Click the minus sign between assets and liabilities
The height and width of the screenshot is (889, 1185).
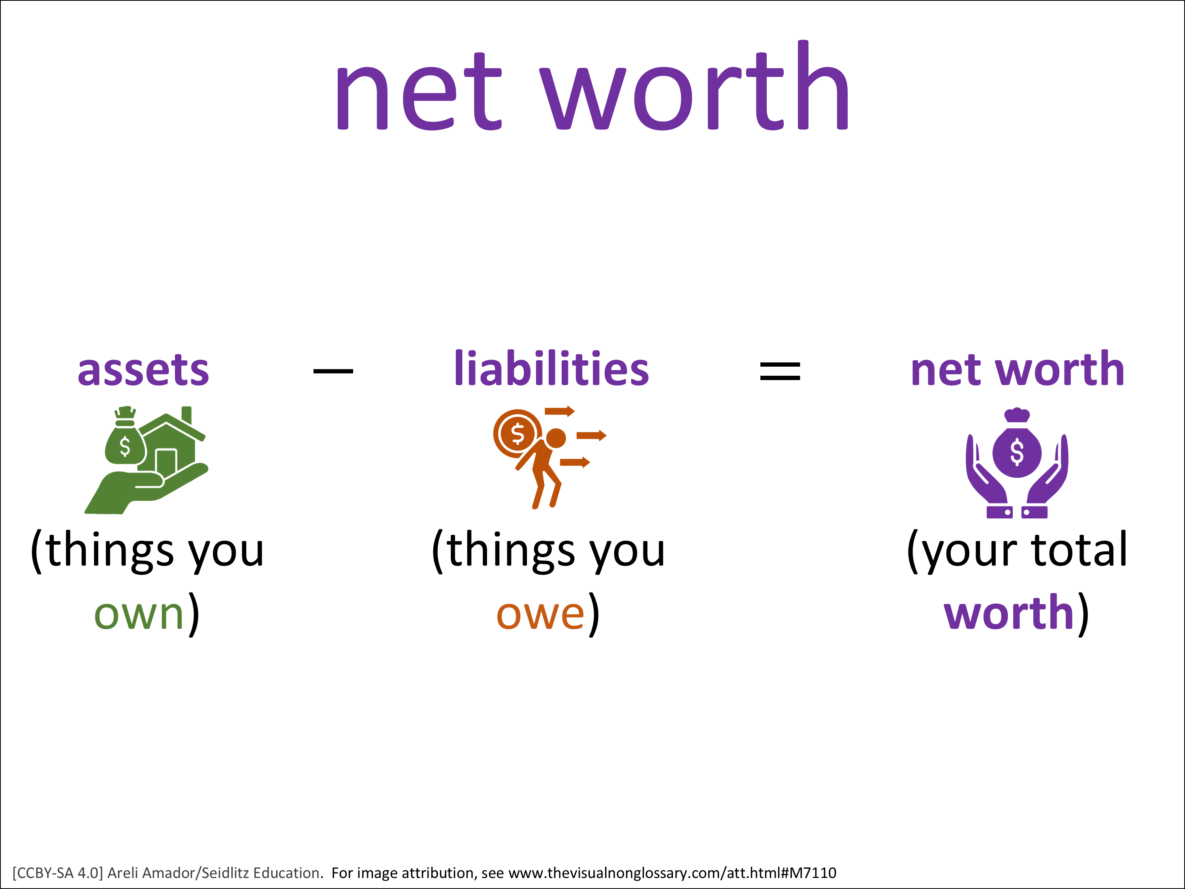(x=333, y=371)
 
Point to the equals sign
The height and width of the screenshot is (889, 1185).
(x=780, y=371)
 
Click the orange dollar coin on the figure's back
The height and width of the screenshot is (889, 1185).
(x=517, y=433)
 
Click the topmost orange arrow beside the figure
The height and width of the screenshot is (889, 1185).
(x=560, y=412)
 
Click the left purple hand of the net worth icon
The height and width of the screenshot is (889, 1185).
(x=988, y=477)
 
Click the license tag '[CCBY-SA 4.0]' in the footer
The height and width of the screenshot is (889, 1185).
(x=57, y=873)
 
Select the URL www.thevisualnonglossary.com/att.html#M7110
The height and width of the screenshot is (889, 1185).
(x=672, y=873)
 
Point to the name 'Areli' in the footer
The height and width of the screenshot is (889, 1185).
(x=124, y=873)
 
